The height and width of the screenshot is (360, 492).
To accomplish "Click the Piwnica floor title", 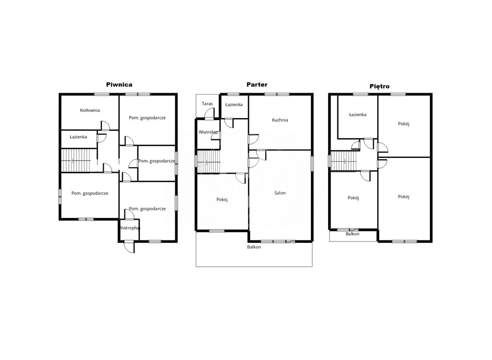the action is click(x=119, y=84).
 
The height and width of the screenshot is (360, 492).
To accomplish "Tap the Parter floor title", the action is click(x=257, y=84).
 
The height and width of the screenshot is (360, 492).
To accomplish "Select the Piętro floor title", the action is click(x=380, y=86).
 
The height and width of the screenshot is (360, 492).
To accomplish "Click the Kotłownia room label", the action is click(x=90, y=110).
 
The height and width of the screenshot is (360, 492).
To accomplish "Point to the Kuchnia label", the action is click(x=280, y=120).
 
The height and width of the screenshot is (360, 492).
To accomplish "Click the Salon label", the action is click(x=280, y=193).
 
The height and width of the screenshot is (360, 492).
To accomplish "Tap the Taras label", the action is click(x=208, y=104).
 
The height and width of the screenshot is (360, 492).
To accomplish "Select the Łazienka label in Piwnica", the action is click(x=78, y=137).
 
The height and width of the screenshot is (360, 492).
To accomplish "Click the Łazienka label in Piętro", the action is click(x=357, y=115).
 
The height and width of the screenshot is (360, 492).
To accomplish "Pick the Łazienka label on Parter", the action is click(x=234, y=105).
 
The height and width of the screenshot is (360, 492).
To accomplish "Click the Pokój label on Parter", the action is click(x=222, y=200).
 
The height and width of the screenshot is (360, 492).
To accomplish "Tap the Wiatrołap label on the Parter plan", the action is click(x=209, y=132).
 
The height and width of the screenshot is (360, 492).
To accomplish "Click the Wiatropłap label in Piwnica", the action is click(x=130, y=228).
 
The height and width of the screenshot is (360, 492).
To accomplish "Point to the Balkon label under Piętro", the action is click(x=352, y=234).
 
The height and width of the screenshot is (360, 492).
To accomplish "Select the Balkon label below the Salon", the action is click(x=254, y=247).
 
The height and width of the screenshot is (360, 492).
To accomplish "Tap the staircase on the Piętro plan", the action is click(x=344, y=161).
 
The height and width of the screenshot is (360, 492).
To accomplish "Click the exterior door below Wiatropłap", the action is click(x=129, y=246).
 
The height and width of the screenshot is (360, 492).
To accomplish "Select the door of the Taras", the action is click(x=209, y=113).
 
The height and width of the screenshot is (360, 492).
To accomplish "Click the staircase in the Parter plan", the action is click(x=209, y=161).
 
